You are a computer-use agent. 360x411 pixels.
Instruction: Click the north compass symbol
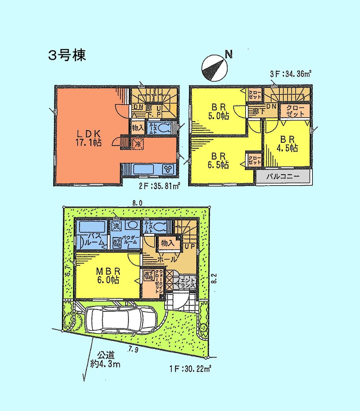pyautogui.click(x=214, y=68)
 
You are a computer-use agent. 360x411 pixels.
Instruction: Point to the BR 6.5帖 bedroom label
pyautogui.click(x=218, y=160)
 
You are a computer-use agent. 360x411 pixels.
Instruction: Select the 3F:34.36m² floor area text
pyautogui.click(x=290, y=74)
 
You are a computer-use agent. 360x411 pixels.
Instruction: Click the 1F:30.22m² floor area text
pyautogui.click(x=190, y=368)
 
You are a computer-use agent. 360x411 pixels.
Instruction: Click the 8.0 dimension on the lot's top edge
pyautogui.click(x=137, y=203)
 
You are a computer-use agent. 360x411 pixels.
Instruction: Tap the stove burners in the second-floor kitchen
pyautogui.click(x=168, y=169)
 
